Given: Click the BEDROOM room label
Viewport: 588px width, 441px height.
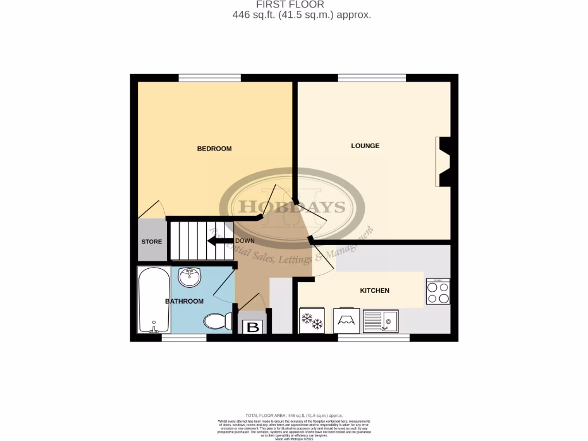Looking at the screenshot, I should coord(214,149).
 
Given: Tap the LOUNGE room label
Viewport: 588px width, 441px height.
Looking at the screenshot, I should coord(365,146).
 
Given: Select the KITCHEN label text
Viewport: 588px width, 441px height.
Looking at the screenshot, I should coord(374,291).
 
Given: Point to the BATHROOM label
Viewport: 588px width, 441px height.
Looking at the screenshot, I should coord(184,301).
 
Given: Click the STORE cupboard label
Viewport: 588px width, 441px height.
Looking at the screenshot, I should coord(152,242).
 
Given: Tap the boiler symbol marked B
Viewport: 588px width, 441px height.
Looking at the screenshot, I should coord(252,328).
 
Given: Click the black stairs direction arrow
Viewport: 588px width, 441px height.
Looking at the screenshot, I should coord(220,241).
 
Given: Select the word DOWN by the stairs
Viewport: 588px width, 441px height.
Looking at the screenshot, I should coord(245,241).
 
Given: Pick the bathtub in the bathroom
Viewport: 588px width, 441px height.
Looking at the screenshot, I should coord(154,300).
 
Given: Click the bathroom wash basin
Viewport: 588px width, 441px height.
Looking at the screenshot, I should coord(189,277).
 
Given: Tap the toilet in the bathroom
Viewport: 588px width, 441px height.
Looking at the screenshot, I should coord(218,321).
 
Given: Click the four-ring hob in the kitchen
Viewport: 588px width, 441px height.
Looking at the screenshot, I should coord(438,291).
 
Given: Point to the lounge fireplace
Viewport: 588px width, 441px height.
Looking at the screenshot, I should coord(443,161).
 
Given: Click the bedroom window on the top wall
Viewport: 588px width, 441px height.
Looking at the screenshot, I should coord(209,78).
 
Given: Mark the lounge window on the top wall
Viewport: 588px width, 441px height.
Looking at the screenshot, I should coord(372,78).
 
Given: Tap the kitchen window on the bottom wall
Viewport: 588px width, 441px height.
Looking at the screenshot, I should coord(373,338).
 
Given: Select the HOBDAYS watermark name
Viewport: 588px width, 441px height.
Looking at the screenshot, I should coord(292,207).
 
